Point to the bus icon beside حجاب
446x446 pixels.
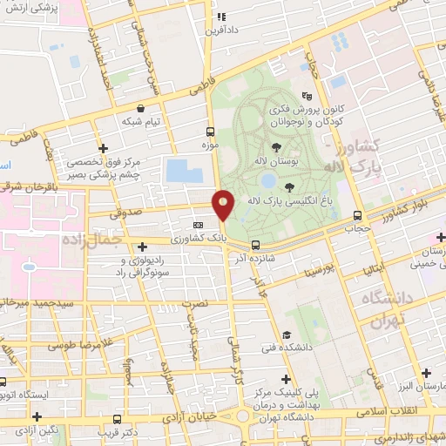pos(357,216)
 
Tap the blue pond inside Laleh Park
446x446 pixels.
pos(268,181)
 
